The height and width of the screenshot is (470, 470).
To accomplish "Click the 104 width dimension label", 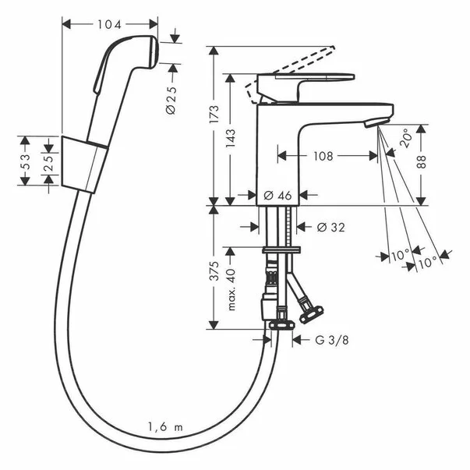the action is pyautogui.click(x=109, y=24).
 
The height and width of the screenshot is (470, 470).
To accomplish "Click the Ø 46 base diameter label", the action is pyautogui.click(x=278, y=196).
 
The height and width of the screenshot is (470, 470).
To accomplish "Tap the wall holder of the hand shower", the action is pyautogui.click(x=83, y=162).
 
